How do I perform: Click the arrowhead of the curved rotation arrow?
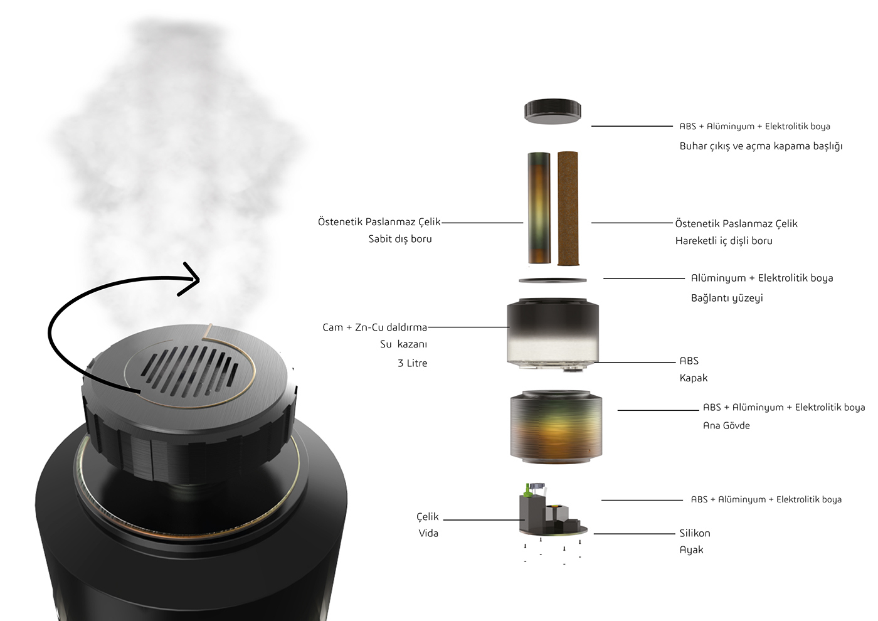[191, 279]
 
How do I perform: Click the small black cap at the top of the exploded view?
[553, 111]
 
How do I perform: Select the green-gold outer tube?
[539, 208]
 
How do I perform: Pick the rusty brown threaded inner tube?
[568, 208]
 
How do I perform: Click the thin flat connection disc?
[553, 279]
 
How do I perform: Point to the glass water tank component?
[553, 332]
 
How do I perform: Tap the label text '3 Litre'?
[412, 363]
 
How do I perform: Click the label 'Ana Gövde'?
[726, 425]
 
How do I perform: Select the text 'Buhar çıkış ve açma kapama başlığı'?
[761, 146]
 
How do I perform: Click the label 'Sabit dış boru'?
[400, 239]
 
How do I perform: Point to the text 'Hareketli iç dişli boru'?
[724, 241]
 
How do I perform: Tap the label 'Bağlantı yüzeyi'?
[727, 298]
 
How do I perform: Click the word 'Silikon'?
[695, 533]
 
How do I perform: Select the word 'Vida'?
[428, 533]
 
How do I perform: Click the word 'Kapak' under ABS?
[694, 378]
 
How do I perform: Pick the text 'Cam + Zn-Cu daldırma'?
[374, 327]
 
